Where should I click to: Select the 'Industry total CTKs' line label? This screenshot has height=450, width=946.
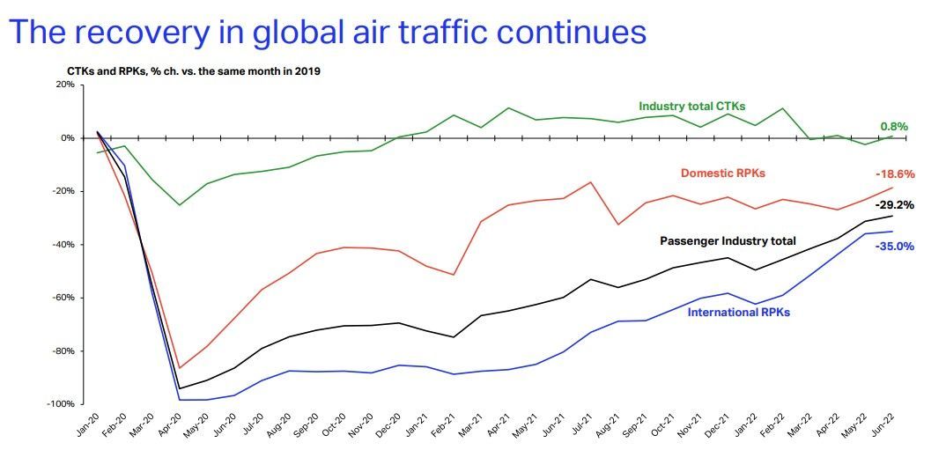click(691, 107)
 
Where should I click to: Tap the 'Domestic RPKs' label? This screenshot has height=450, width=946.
click(723, 173)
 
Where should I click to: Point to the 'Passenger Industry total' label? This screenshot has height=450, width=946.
click(728, 240)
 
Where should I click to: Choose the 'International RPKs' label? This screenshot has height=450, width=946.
click(737, 312)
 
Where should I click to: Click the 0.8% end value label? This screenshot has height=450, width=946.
click(893, 127)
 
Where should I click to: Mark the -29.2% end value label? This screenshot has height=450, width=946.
click(894, 205)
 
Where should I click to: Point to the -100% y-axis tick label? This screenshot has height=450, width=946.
click(60, 404)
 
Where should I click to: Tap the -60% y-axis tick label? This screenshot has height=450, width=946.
click(62, 298)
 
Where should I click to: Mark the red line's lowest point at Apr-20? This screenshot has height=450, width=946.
click(181, 368)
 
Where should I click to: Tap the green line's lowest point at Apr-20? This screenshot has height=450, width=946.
click(181, 205)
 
